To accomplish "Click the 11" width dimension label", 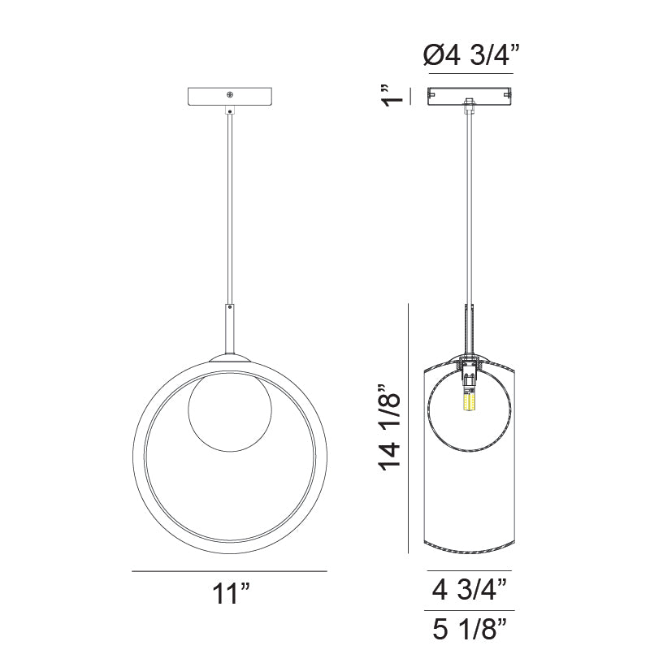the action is coord(232,594).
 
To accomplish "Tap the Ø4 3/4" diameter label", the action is coord(472,54).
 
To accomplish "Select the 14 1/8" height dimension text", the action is coord(390,428).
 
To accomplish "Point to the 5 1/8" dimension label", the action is coord(470,629).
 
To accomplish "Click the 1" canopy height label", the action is coord(392,96).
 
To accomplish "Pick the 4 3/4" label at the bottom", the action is coord(470,590).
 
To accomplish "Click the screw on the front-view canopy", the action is coord(230,95).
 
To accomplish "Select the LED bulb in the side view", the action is coord(469,399).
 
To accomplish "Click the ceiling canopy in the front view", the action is coord(230,97).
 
